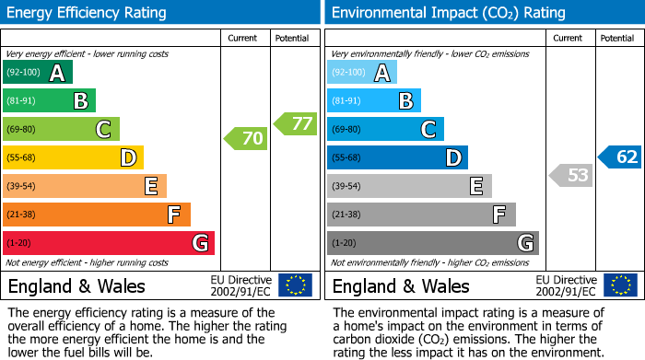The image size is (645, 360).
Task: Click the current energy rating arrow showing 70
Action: tap(246, 139)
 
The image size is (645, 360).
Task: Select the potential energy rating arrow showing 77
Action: tap(296, 123)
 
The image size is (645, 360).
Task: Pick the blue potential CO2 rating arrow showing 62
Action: tap(620, 157)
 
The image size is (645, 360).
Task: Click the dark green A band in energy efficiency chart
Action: tap(38, 73)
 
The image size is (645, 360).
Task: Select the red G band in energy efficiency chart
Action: tap(109, 243)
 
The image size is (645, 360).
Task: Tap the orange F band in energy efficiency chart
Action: tap(97, 215)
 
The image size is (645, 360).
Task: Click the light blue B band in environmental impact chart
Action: tap(374, 101)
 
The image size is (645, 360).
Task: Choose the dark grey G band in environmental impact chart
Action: tap(433, 243)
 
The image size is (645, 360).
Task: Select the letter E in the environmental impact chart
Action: tap(475, 187)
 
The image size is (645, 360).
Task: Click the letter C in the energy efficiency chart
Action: tap(104, 130)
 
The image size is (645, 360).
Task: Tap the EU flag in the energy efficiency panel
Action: tap(295, 285)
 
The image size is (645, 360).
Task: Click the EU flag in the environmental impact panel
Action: tap(619, 285)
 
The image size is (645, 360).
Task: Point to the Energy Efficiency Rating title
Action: tap(88, 13)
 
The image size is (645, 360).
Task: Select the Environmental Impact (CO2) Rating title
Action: tap(448, 13)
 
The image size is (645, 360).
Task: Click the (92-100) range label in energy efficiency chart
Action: tap(24, 73)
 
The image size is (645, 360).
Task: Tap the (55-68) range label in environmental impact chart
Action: tap(347, 158)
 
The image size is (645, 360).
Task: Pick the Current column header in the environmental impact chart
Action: tap(569, 38)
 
